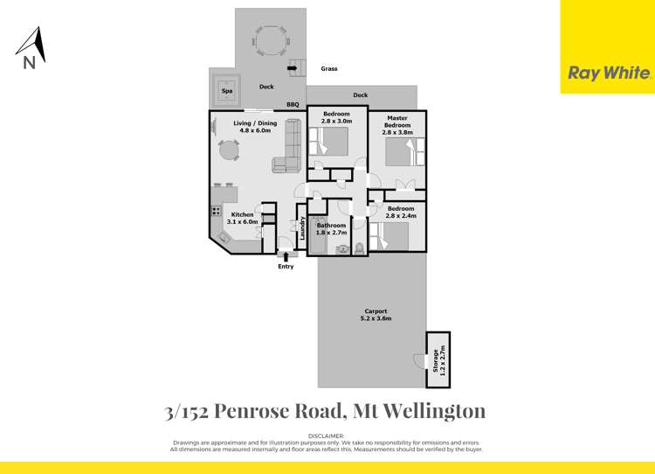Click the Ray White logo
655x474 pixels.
(x=609, y=73)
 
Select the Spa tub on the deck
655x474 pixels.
(x=226, y=89)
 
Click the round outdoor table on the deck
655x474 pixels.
(x=269, y=40)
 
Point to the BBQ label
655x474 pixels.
(x=293, y=105)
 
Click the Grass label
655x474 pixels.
(x=329, y=68)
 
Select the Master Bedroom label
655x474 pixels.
(x=396, y=122)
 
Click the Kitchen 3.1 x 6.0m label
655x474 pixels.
(x=243, y=219)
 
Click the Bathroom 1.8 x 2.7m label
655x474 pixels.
(x=332, y=229)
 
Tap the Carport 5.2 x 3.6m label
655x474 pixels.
(x=373, y=315)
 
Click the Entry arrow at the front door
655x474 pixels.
(x=286, y=255)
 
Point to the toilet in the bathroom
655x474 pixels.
(x=356, y=248)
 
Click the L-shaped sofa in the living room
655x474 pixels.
(x=289, y=149)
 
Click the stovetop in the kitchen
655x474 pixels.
(x=216, y=211)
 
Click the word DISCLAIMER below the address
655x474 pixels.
(x=327, y=435)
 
